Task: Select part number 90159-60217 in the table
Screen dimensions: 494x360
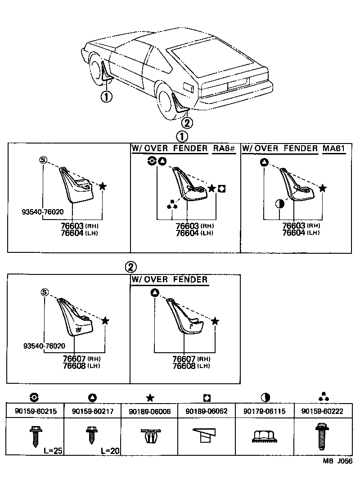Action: coord(93,411)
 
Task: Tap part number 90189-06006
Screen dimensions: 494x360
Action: coord(150,411)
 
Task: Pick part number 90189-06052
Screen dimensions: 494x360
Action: coord(207,411)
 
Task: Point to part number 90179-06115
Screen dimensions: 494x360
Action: coord(265,411)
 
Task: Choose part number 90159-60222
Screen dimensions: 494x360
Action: coord(323,411)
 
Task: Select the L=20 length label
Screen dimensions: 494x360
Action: coord(109,450)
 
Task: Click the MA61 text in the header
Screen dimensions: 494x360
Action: coord(337,148)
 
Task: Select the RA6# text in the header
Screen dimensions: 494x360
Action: coord(224,148)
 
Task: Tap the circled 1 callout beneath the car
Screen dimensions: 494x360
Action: coord(106,96)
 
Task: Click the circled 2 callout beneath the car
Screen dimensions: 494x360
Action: coord(187,122)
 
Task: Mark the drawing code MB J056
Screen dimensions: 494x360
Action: coord(337,461)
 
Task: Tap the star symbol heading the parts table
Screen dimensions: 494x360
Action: coord(150,397)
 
